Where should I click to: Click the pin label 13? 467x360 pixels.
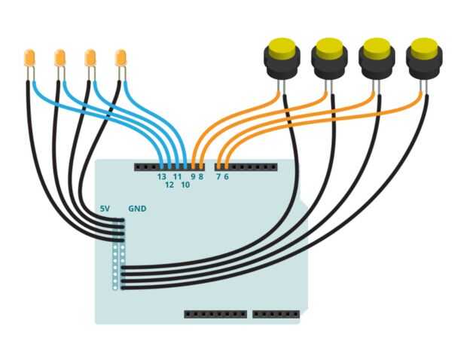[x=162, y=176]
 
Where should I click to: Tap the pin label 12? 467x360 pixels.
[x=169, y=185]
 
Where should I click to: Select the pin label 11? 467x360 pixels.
[x=177, y=176]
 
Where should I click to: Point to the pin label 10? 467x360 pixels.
[x=185, y=185]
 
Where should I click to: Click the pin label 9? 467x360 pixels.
[x=193, y=176]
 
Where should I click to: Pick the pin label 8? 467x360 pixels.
[x=201, y=176]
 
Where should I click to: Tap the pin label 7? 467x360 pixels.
[x=218, y=176]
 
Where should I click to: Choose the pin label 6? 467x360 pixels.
[x=227, y=176]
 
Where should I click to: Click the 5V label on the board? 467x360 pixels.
[x=105, y=209]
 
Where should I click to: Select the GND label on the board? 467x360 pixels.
[x=137, y=209]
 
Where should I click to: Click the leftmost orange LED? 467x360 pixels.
[x=29, y=58]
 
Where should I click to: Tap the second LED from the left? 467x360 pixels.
[x=60, y=58]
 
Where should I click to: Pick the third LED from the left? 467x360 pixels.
[x=90, y=58]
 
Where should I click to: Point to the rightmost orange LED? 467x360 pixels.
[x=121, y=58]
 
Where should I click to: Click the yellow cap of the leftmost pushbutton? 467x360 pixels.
[x=282, y=47]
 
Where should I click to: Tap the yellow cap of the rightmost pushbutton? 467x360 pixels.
[x=424, y=47]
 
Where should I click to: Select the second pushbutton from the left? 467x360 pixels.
[x=329, y=59]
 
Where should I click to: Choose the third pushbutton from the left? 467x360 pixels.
[x=377, y=59]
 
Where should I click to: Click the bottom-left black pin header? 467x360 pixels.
[x=215, y=314]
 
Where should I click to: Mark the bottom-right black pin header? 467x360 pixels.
[x=276, y=314]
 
